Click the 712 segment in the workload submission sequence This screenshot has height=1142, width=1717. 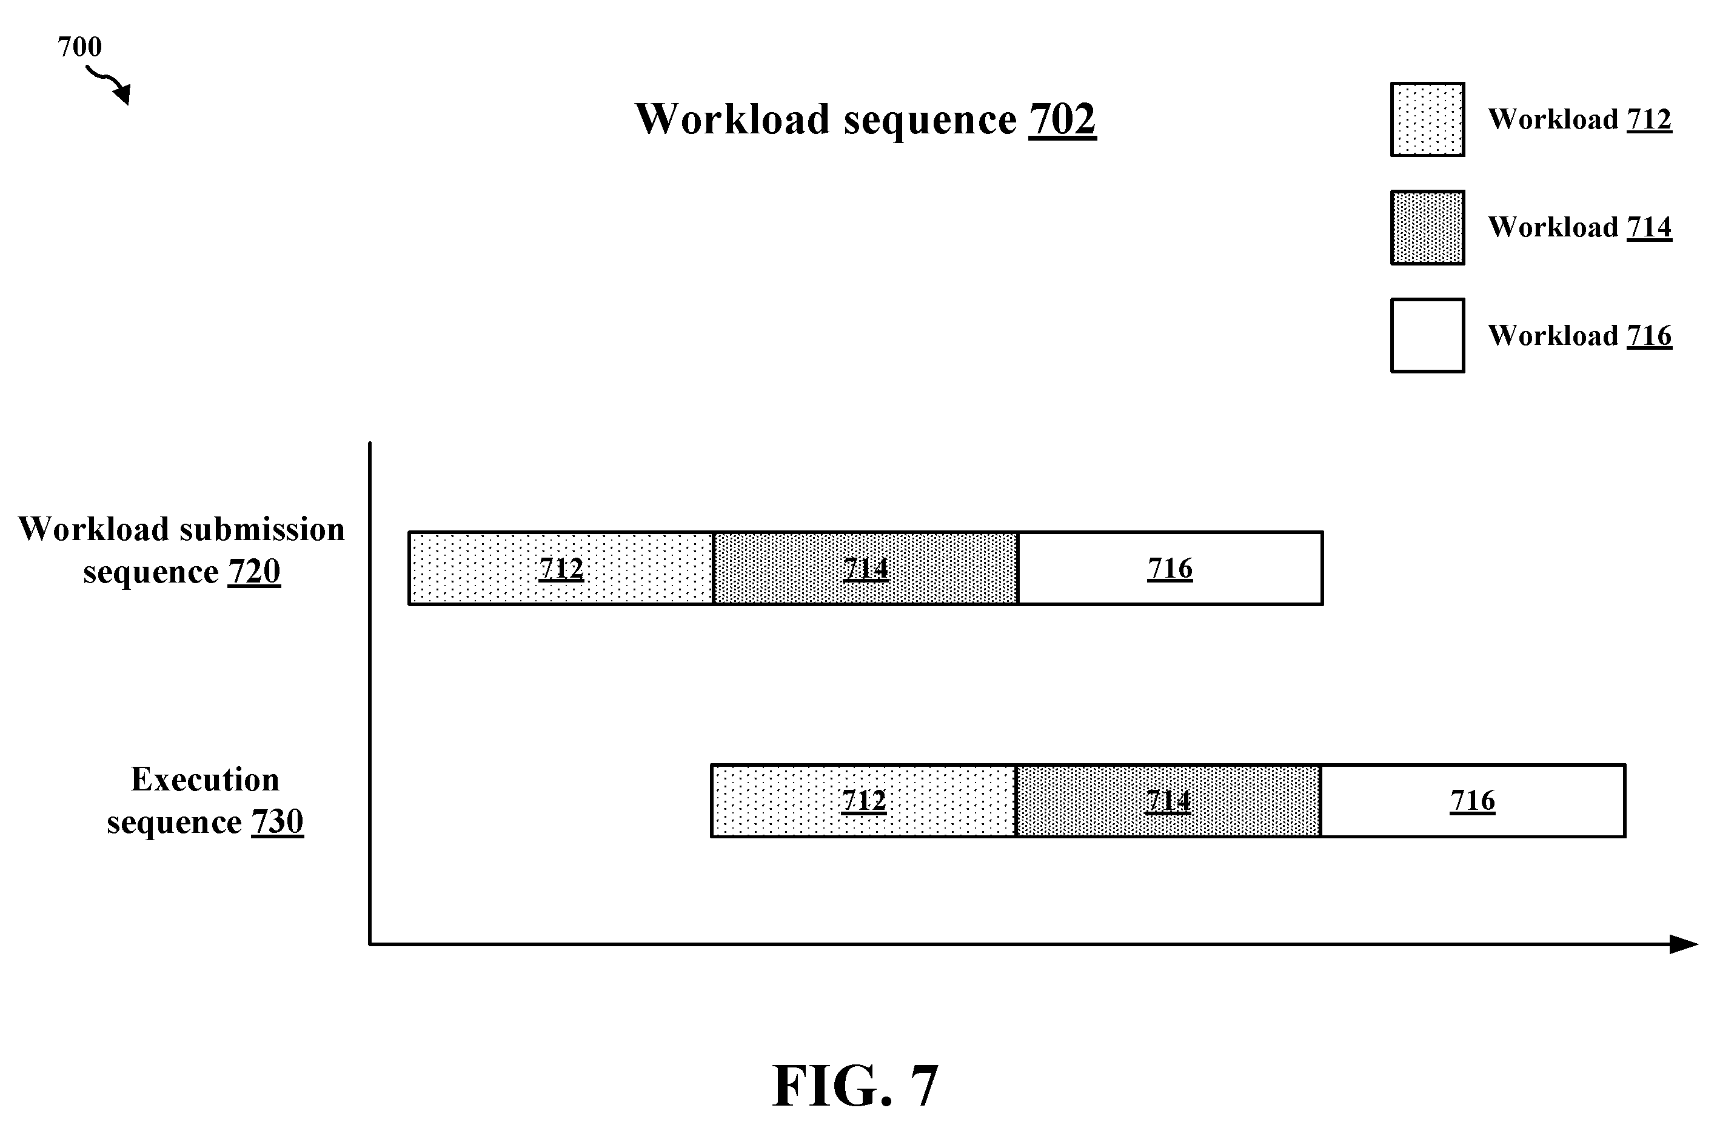click(560, 568)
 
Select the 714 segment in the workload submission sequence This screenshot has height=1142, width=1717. click(865, 568)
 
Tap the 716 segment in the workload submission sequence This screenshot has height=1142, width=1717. click(1170, 568)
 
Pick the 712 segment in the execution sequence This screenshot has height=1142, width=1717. click(863, 800)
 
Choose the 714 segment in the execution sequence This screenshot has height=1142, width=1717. click(1168, 800)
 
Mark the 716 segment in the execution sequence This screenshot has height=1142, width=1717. click(1473, 800)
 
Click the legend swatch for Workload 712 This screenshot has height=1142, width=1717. click(1427, 119)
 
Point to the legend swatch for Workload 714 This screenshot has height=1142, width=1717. click(1427, 227)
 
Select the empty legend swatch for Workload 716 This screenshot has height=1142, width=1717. click(1427, 335)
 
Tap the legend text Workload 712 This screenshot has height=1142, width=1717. click(1579, 119)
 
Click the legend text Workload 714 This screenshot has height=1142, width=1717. click(1579, 227)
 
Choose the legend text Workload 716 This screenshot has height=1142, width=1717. click(1579, 335)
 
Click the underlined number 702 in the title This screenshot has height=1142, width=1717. click(1062, 119)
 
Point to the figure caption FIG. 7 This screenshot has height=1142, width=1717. click(855, 1085)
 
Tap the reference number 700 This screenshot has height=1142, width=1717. click(79, 47)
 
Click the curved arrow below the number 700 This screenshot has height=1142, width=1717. click(109, 84)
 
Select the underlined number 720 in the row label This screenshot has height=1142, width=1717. click(254, 571)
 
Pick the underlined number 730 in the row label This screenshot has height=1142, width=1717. click(278, 821)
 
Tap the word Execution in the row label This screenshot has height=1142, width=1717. click(205, 780)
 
